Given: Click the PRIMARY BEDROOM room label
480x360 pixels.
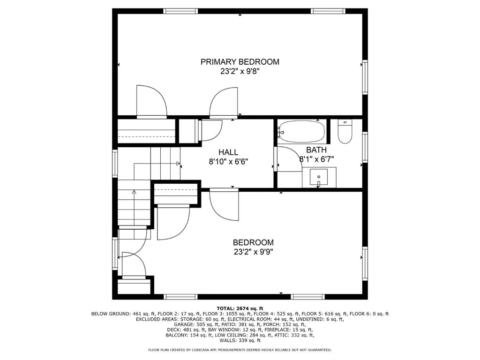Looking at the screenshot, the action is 240,62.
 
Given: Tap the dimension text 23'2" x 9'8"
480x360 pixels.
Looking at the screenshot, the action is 240,71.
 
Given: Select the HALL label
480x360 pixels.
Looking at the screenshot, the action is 228,152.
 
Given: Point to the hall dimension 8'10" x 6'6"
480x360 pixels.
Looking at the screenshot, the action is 228,161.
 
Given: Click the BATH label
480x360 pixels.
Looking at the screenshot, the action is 316,150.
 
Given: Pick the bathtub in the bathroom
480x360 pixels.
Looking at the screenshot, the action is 301,131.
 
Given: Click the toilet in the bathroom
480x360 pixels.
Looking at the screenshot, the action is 345,132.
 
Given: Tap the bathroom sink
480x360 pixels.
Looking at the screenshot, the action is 318,177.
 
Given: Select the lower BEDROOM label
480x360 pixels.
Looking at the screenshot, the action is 253,243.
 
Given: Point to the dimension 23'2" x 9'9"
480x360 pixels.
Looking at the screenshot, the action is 253,252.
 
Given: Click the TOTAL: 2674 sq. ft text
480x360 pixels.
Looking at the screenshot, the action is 240,308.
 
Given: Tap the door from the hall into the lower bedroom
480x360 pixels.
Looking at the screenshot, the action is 224,204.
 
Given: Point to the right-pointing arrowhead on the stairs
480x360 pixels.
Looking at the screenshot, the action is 178,164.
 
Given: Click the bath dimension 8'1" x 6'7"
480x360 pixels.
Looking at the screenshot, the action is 316,159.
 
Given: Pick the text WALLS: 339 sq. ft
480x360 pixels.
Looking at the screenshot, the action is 240,340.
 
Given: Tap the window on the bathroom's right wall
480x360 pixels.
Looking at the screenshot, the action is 365,147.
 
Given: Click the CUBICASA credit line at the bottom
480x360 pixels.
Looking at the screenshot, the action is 240,350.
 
